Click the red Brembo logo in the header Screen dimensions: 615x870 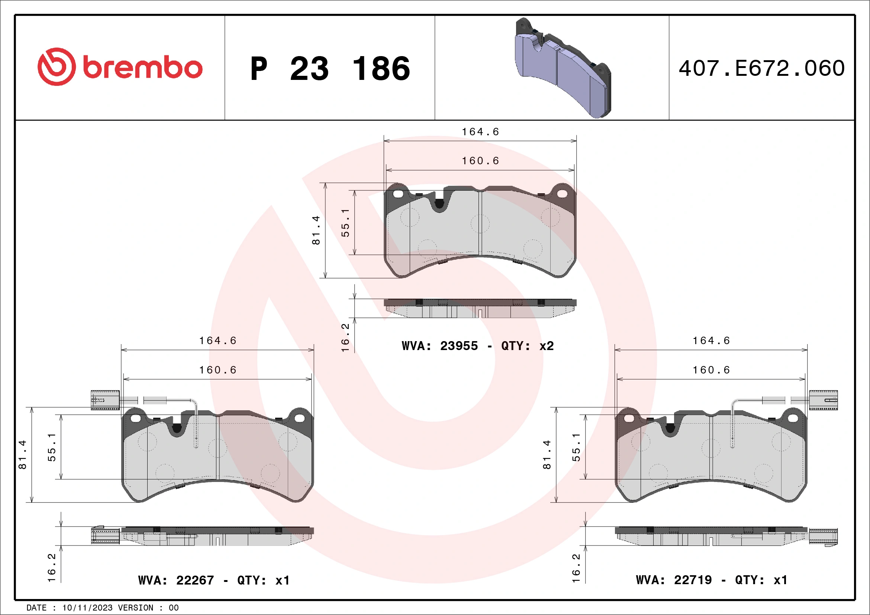119,67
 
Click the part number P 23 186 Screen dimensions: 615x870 330,68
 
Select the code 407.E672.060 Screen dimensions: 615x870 762,68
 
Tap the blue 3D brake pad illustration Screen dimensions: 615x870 563,68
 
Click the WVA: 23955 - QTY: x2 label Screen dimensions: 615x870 477,346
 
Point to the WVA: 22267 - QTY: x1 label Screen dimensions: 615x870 214,580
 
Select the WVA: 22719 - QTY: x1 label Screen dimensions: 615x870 711,580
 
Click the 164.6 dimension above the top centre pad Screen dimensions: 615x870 480,132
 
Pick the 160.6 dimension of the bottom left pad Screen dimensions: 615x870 217,370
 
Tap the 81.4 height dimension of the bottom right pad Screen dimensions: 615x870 547,454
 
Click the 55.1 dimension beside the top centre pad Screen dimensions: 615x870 345,223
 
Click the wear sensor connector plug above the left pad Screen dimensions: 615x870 105,400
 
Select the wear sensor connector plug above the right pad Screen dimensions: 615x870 823,400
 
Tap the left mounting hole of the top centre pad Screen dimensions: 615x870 398,194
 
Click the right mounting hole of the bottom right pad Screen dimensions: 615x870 793,418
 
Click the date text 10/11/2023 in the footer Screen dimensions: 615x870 87,608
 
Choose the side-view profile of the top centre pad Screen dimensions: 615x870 480,308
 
